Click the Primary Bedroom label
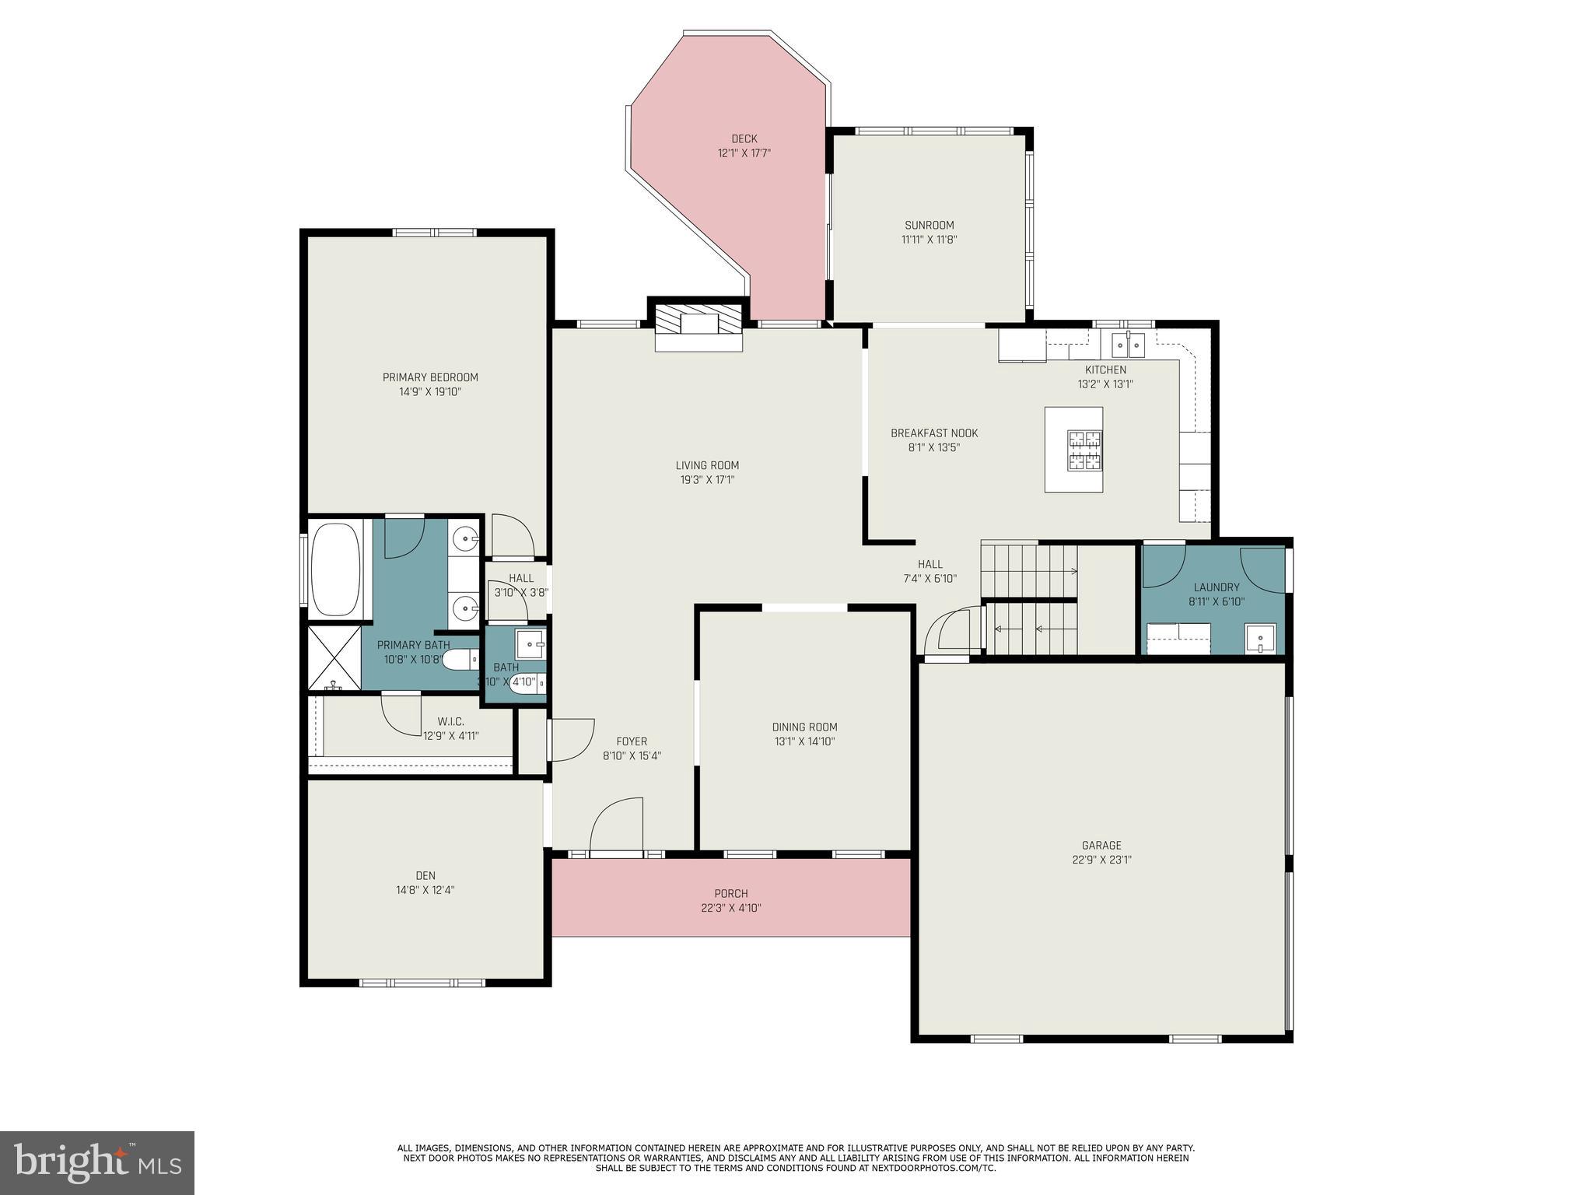coord(430,377)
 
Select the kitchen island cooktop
coord(1084,450)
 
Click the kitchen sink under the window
coord(1128,343)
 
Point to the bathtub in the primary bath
coord(335,569)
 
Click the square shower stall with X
coord(334,658)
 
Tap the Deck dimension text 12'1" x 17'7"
coord(744,153)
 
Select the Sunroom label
coord(929,226)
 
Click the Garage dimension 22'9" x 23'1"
coord(1101,860)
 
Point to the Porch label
coord(730,893)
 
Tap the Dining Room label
coord(804,727)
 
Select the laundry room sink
coord(1259,639)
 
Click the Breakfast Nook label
coord(933,433)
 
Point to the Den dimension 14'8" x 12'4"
coord(425,890)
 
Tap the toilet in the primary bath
coord(460,660)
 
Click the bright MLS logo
coord(97,1162)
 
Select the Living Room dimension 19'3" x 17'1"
coord(707,480)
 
